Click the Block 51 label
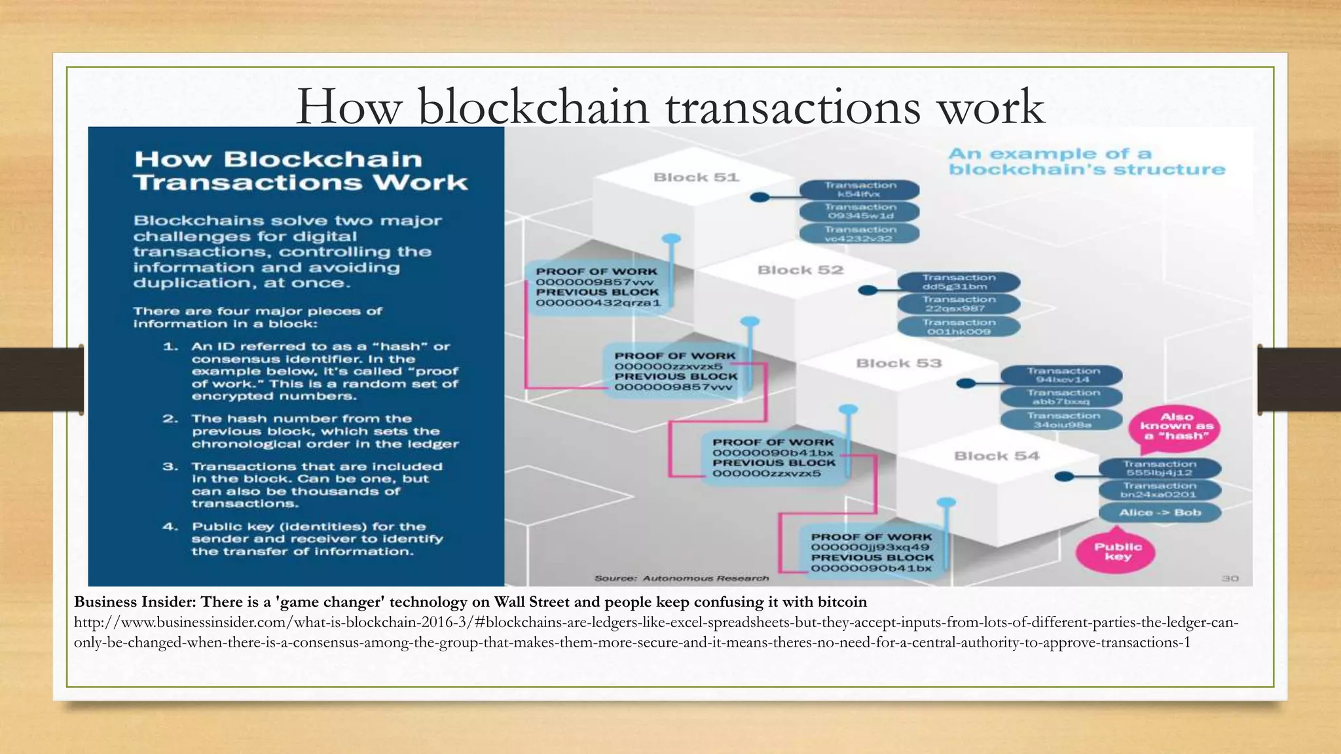point(696,177)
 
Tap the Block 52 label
point(800,270)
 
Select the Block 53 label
point(898,363)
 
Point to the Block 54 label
point(997,456)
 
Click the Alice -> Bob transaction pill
point(1160,512)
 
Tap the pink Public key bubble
point(1118,552)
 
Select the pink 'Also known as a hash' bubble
point(1177,427)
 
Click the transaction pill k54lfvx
point(860,190)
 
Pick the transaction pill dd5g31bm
point(959,282)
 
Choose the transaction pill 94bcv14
point(1062,375)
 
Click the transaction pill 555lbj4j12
point(1160,468)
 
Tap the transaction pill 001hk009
point(959,327)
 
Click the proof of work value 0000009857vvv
point(595,282)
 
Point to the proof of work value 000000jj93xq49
point(870,547)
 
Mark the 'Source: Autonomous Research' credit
point(682,579)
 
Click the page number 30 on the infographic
point(1230,579)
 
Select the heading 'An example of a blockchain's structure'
point(1086,162)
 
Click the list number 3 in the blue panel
point(170,467)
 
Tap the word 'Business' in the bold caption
point(104,602)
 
